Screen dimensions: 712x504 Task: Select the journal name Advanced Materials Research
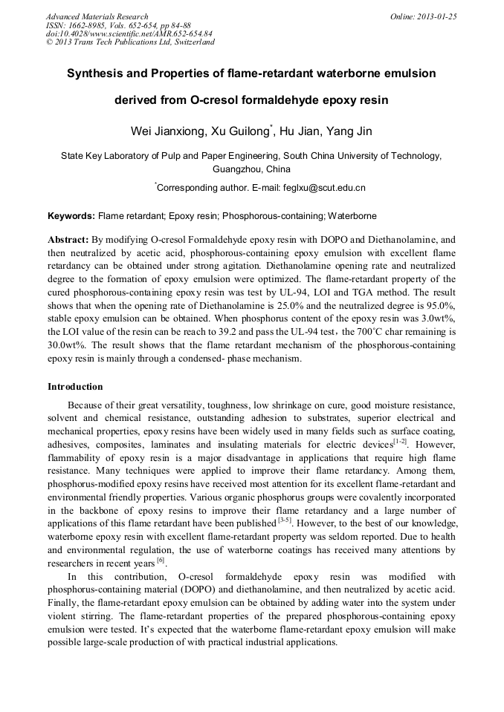click(97, 16)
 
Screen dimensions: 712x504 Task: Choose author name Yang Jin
click(349, 131)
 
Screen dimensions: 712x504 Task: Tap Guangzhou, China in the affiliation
click(251, 169)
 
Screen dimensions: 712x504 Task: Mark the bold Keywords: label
click(71, 216)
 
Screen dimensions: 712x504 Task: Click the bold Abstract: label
click(68, 241)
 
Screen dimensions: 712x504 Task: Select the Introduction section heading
click(75, 387)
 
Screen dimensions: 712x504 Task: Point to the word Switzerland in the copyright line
click(193, 42)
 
